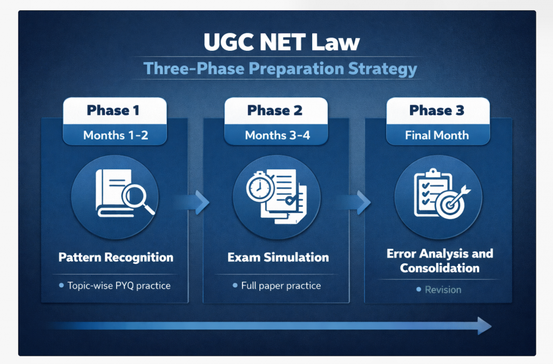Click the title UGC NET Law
(x=281, y=42)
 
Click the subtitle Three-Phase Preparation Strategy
(x=280, y=69)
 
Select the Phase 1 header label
(x=113, y=110)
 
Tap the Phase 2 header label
(x=275, y=110)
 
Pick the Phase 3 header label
(x=436, y=110)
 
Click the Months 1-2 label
(x=116, y=135)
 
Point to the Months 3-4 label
(x=278, y=135)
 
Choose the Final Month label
(x=437, y=135)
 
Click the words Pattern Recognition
(x=116, y=257)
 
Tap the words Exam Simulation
(x=278, y=257)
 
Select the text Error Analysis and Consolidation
(x=440, y=261)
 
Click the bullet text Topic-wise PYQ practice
(x=119, y=286)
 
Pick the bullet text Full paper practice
(x=281, y=286)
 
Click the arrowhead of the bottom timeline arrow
(x=484, y=326)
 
